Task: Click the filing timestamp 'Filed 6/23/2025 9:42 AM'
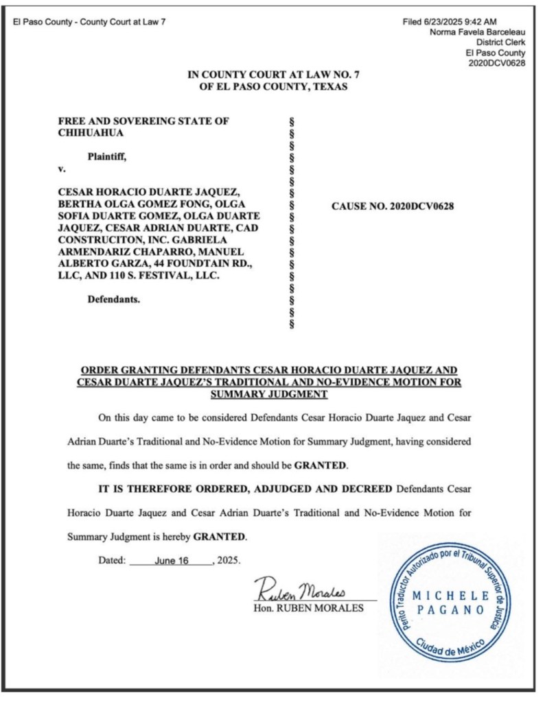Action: click(450, 22)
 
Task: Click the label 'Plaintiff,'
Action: click(106, 156)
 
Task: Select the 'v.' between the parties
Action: click(62, 169)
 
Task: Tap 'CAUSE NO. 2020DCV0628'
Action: click(393, 204)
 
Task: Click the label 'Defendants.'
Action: click(114, 299)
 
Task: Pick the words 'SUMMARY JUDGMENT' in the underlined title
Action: click(269, 394)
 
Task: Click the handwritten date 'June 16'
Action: click(172, 560)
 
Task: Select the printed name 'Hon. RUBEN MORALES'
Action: click(308, 607)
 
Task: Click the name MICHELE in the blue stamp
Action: click(452, 596)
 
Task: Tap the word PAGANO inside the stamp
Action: click(452, 609)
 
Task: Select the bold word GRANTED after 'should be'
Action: click(321, 465)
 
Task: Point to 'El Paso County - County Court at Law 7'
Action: click(89, 22)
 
